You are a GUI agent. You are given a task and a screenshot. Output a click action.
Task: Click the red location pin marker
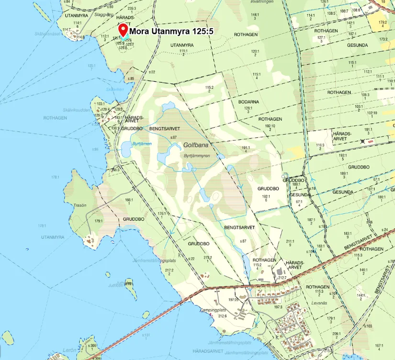[123, 31]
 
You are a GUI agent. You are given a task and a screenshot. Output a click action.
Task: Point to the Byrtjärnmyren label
[197, 156]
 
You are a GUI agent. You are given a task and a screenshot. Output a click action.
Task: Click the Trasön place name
[80, 205]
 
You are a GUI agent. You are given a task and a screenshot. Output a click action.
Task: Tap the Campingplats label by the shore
[212, 310]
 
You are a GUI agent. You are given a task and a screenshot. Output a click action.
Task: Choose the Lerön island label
[69, 350]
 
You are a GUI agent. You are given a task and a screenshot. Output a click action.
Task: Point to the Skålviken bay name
[115, 89]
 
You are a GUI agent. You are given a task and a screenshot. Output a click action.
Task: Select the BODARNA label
[248, 102]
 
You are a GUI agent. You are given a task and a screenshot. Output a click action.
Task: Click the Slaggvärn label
[104, 14]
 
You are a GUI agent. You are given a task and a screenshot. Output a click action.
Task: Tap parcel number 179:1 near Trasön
[99, 221]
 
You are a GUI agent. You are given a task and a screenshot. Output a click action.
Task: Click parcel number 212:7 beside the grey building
[282, 277]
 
